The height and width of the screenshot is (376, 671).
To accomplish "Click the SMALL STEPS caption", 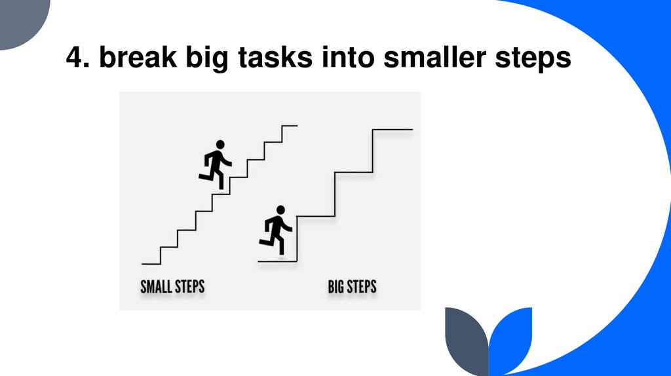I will point(172,287).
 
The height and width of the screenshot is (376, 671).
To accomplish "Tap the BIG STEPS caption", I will point(352,287).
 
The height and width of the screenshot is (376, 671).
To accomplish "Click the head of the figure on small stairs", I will point(220,144).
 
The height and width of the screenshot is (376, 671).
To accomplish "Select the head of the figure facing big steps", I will point(280,210).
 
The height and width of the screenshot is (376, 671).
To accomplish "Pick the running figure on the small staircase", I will point(215,165).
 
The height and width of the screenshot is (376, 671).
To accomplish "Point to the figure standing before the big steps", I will point(276,231).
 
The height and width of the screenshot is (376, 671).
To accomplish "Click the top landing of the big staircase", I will point(393,130).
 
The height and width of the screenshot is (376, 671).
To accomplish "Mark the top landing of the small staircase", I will point(290,125).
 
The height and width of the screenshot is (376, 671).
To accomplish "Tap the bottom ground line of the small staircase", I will point(151,263).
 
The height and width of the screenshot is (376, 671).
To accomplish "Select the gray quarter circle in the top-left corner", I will point(20,20).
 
